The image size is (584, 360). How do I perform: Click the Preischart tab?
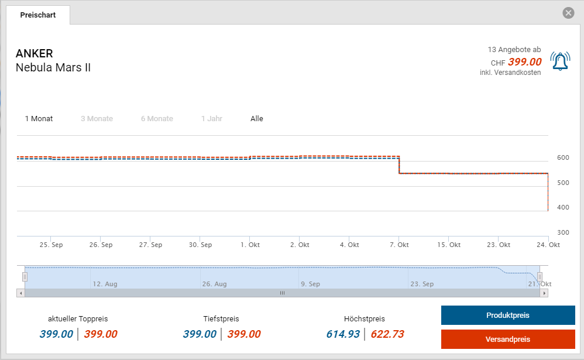point(38,15)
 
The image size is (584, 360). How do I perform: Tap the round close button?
point(568,13)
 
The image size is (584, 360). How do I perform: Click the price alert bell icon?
point(560,61)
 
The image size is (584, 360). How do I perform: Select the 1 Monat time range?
point(39,119)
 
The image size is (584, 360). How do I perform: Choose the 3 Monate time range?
point(97,119)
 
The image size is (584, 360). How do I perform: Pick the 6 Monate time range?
point(157,119)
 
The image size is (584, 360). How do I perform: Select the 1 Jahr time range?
point(211,119)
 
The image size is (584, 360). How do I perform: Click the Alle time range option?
point(257,119)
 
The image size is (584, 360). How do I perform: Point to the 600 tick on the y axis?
point(563,157)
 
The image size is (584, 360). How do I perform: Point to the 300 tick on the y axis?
point(563,232)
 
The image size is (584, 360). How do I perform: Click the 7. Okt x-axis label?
point(399,245)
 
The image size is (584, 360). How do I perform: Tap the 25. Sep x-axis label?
point(51,245)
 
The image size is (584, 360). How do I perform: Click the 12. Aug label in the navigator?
point(105,284)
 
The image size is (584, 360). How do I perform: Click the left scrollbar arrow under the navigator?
point(21,293)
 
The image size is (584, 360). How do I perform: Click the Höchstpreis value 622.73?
point(387,334)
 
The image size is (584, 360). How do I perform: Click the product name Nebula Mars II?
point(53,67)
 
